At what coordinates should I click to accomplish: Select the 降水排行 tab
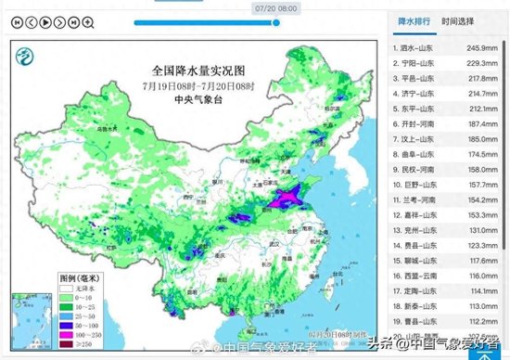tap(414, 19)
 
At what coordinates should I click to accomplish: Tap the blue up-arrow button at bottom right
tap(485, 352)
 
